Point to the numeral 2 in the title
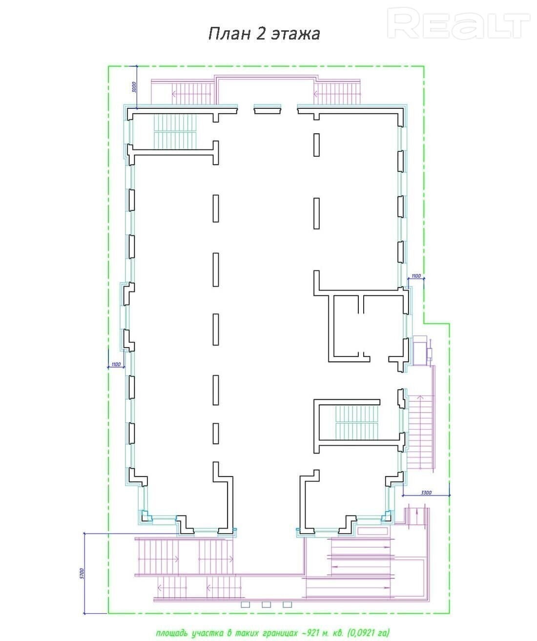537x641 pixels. pyautogui.click(x=261, y=34)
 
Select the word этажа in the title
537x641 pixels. pyautogui.click(x=295, y=34)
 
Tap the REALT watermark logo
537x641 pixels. pyautogui.click(x=458, y=23)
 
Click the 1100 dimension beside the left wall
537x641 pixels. pyautogui.click(x=116, y=364)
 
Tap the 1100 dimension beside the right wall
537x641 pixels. pyautogui.click(x=416, y=276)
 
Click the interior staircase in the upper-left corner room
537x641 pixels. pyautogui.click(x=174, y=132)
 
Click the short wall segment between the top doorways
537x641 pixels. pyautogui.click(x=268, y=109)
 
